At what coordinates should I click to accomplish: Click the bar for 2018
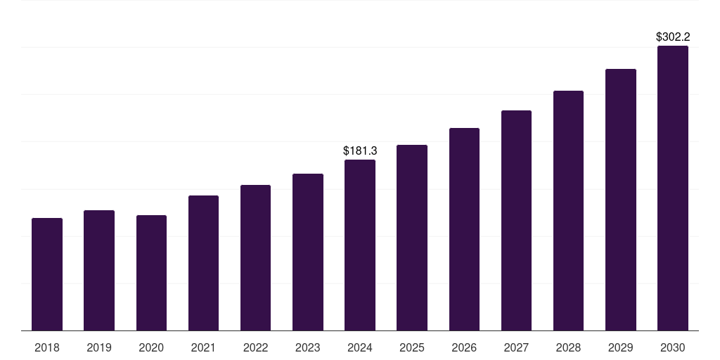coord(47,274)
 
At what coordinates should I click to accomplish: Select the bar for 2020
coord(151,273)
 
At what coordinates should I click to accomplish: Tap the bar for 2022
coord(255,257)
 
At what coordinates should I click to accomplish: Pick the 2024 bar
coord(360,245)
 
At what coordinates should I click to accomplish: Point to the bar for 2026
coord(464,229)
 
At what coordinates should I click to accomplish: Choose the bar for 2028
coord(568,210)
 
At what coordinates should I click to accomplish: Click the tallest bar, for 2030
coord(673,188)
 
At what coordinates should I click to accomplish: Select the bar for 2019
coord(99,270)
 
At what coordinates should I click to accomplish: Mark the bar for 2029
coord(621,200)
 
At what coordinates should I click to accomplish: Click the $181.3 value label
coord(360,150)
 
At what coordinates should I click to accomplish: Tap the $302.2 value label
coord(673,37)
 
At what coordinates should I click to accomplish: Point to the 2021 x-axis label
coord(203,347)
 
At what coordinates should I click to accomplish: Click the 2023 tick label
coord(308,347)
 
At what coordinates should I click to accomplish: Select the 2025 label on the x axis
coord(412,347)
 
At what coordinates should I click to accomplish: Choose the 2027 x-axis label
coord(516,347)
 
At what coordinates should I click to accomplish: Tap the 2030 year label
coord(673,347)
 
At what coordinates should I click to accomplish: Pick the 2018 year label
coord(47,347)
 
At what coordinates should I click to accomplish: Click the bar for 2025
coord(412,238)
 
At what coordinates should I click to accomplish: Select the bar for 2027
coord(516,220)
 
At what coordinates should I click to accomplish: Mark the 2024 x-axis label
coord(360,347)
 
